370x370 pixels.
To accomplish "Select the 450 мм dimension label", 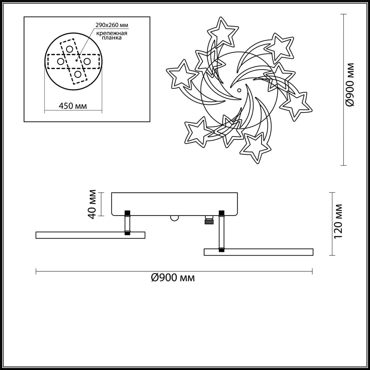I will click(73, 106).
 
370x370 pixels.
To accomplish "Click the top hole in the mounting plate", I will click(70, 49).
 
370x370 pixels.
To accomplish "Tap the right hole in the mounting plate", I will click(87, 62).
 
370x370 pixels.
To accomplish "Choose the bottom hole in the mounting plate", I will click(78, 74).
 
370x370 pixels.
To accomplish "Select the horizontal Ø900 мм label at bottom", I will click(173, 278).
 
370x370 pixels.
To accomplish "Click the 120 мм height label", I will click(338, 221).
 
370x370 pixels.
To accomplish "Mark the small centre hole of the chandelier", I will click(239, 90).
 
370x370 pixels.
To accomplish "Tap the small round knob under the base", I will click(175, 218).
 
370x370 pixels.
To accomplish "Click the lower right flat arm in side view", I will click(258, 252).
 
